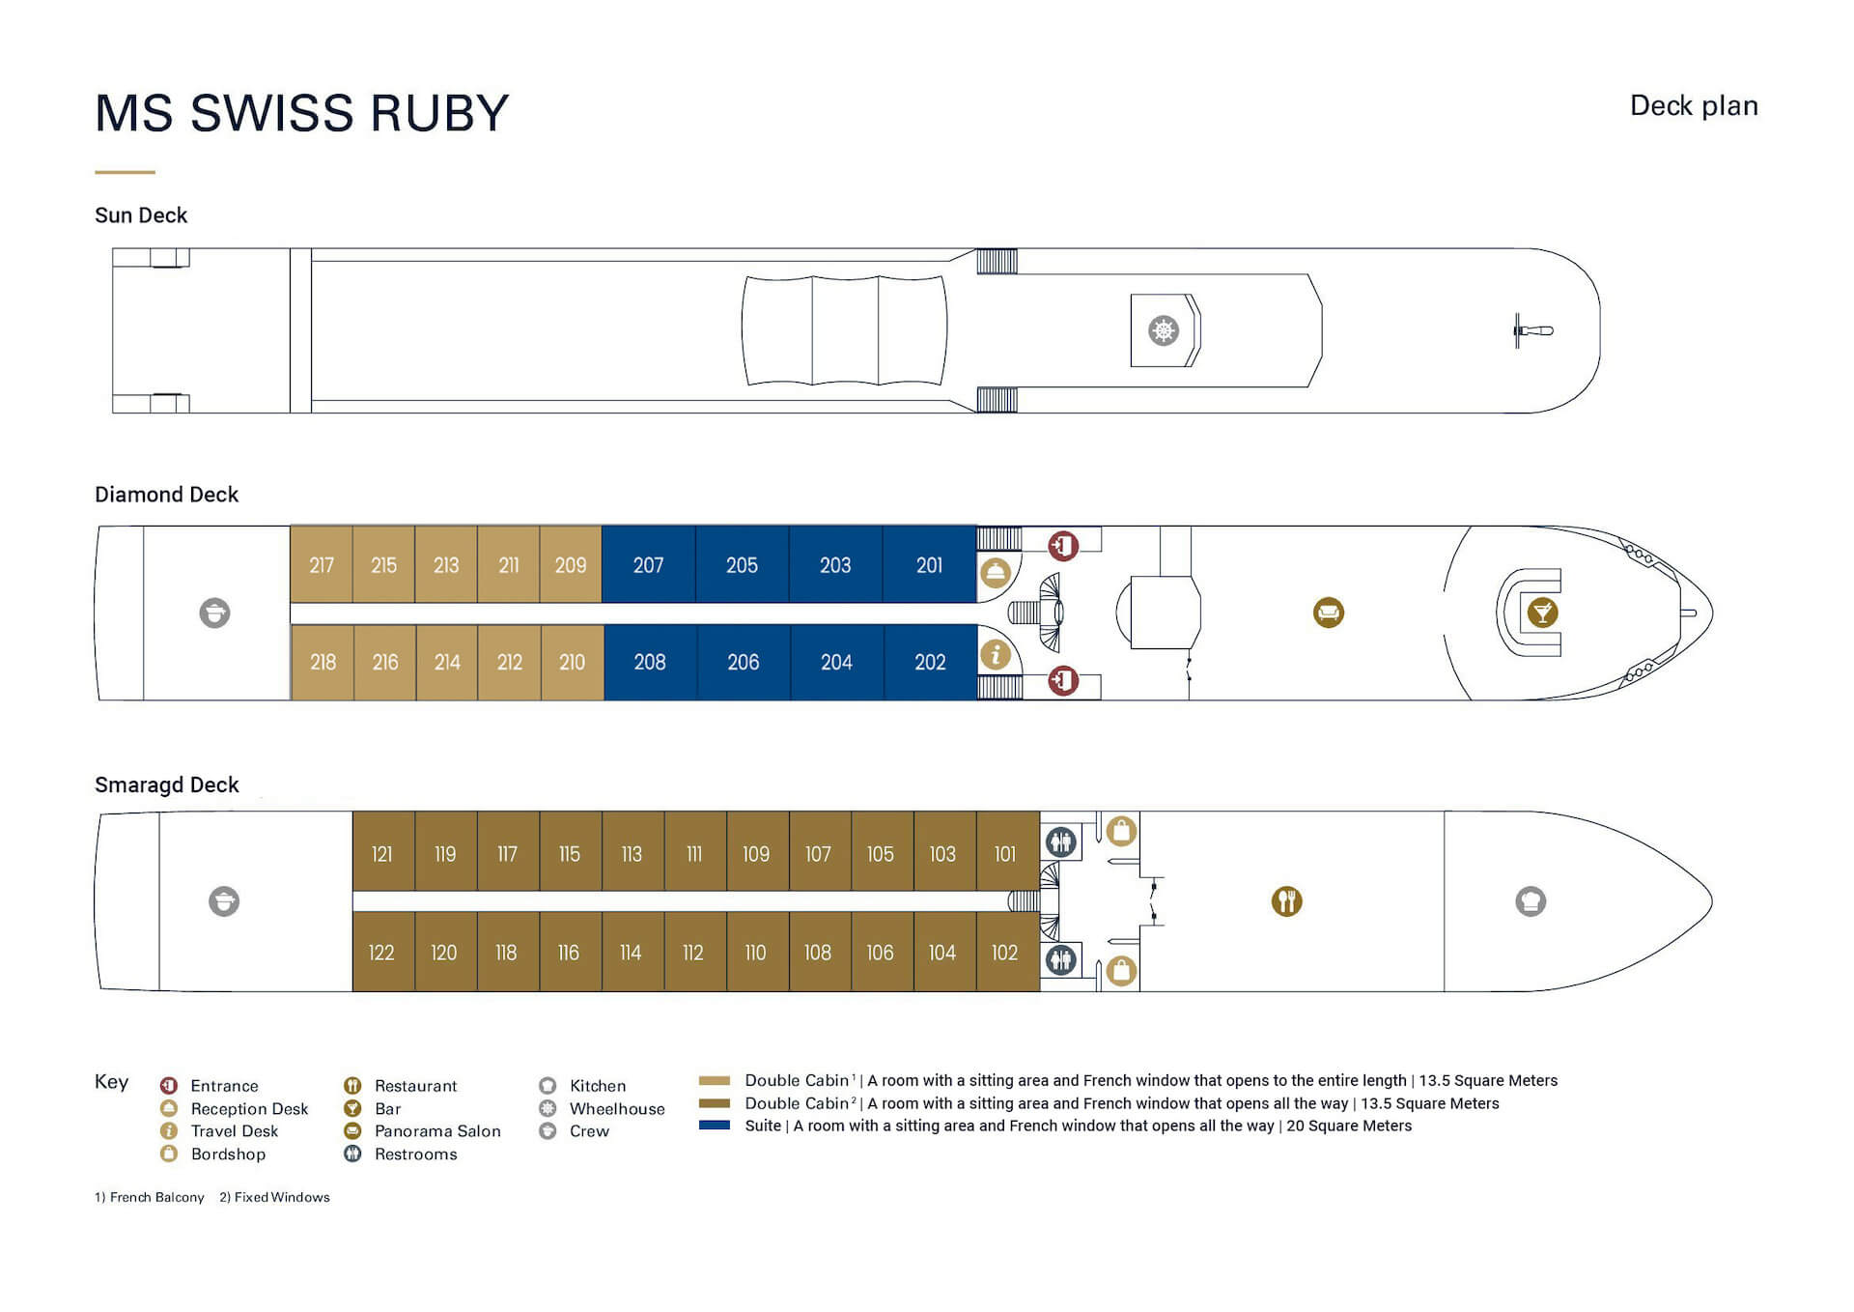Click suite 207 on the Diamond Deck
tap(648, 564)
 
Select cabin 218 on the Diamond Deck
tap(323, 662)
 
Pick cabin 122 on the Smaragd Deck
tap(383, 952)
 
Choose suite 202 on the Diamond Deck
tap(930, 662)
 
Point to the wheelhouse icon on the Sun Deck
tap(1164, 330)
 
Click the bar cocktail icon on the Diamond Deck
tap(1542, 613)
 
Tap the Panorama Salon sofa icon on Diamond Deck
tap(1329, 613)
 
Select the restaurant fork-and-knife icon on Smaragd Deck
tap(1286, 901)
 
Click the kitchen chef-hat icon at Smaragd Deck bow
tap(1531, 901)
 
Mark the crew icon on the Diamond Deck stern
tap(214, 613)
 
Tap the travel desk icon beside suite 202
tap(996, 654)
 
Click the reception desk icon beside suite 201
tap(996, 572)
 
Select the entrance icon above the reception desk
tap(1063, 546)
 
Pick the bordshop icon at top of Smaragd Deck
tap(1121, 831)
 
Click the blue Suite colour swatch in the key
tap(715, 1126)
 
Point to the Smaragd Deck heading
tap(166, 784)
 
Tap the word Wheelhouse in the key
tap(617, 1108)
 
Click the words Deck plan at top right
tap(1694, 105)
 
